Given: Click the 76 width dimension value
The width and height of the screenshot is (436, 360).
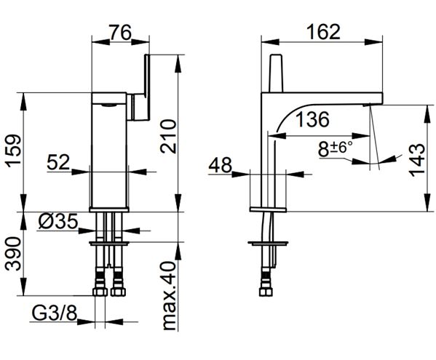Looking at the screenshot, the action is point(119,33).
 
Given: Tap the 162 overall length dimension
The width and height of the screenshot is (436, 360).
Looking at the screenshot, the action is point(323,32).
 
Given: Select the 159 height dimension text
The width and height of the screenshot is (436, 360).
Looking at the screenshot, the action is point(14,151).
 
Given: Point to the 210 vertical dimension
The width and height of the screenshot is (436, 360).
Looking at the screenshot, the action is point(169,136).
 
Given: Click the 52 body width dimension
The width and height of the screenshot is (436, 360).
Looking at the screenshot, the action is point(58,162).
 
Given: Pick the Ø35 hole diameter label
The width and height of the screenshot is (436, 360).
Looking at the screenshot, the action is point(58,222).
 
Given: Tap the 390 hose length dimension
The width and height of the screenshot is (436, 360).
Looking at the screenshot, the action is point(13,254).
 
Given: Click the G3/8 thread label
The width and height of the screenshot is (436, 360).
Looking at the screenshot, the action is point(54,313).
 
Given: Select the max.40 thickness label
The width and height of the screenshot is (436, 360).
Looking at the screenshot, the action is point(169,295).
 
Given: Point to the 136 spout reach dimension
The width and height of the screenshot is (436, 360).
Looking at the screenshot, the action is point(312,119).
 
